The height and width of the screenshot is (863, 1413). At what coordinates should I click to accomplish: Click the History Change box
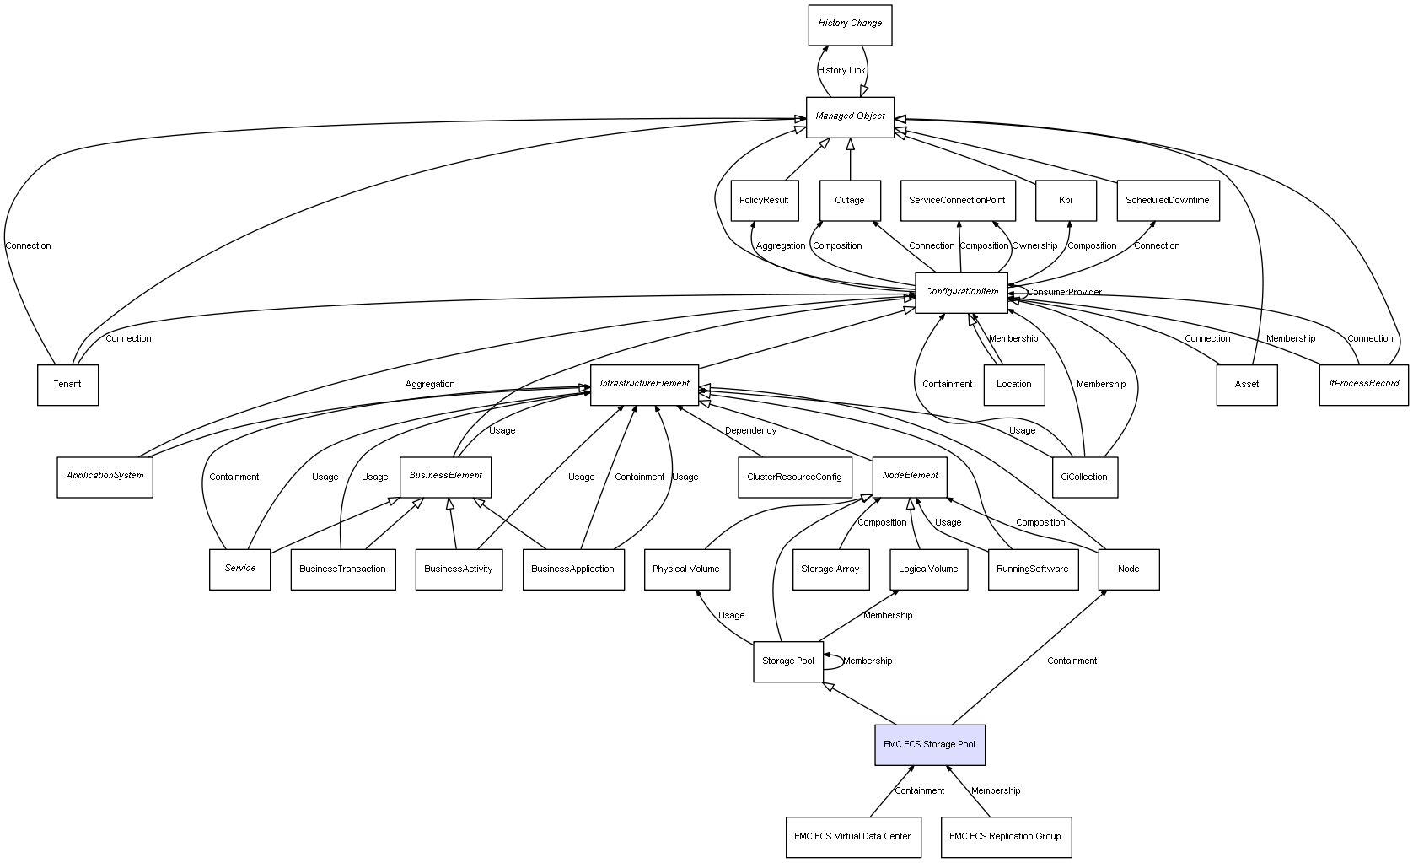849,24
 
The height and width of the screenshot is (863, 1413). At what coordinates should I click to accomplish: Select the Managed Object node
849,116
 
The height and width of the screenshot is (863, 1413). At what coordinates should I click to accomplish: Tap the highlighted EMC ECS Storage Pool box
929,745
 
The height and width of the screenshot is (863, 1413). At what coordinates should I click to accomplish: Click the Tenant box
67,385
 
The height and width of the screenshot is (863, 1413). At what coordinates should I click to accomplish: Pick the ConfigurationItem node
961,292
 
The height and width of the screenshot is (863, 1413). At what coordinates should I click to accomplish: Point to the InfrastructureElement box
644,384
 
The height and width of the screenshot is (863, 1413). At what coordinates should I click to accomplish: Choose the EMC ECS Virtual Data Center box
852,837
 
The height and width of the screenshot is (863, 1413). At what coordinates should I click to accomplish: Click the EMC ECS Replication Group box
1005,837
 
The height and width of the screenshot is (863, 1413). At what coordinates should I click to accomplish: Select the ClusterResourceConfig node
793,477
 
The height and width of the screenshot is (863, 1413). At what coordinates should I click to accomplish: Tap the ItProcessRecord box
1363,384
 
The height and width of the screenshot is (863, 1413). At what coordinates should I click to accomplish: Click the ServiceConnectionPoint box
957,201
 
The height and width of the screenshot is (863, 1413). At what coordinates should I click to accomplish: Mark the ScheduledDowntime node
1167,201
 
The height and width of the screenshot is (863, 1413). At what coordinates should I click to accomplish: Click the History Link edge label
841,71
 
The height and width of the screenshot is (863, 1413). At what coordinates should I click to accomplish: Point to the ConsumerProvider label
1064,293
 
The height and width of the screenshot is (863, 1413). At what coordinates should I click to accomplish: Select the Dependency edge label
750,431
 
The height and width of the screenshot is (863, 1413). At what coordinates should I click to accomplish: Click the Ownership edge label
1034,246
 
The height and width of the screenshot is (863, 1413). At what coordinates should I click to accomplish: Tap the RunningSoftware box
1032,569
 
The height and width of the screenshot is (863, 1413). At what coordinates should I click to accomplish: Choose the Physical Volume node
685,569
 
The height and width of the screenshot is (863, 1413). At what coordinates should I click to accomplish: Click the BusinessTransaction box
342,569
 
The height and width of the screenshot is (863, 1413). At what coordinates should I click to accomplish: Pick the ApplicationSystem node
105,477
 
